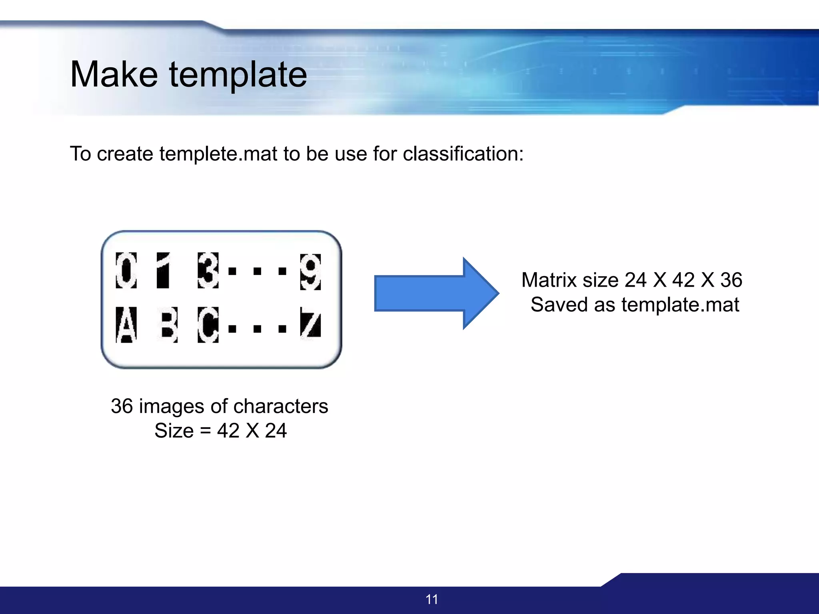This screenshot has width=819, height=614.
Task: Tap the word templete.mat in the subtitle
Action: click(218, 154)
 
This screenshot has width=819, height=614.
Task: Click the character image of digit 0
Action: click(126, 270)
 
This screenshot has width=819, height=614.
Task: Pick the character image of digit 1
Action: click(163, 270)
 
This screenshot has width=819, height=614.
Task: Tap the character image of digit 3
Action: click(208, 270)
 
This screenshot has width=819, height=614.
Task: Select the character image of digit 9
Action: click(310, 272)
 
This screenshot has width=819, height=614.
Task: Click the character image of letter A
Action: click(126, 325)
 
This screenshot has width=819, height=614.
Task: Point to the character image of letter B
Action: click(168, 325)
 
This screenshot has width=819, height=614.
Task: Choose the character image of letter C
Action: click(208, 325)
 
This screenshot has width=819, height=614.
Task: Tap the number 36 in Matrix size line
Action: click(731, 280)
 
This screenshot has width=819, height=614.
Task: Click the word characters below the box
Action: click(281, 406)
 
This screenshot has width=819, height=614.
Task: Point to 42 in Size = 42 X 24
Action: click(228, 431)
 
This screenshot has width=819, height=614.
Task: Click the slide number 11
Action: click(432, 599)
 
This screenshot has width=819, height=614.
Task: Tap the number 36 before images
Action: click(122, 406)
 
